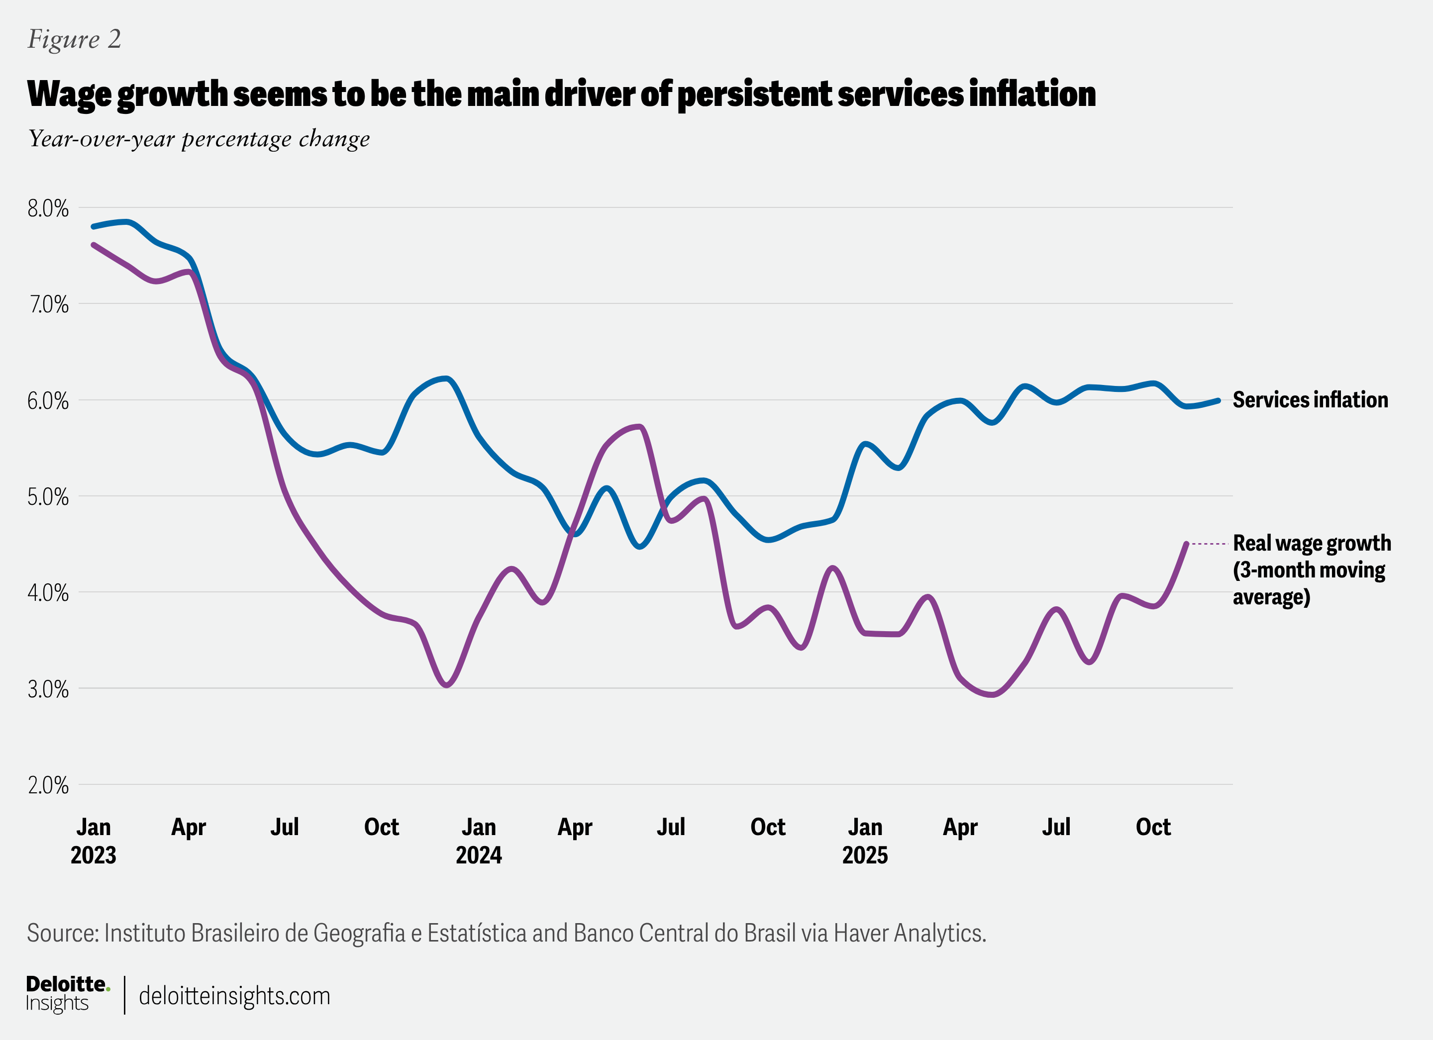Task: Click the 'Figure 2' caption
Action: pyautogui.click(x=74, y=39)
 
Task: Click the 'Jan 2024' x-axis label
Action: pyautogui.click(x=478, y=841)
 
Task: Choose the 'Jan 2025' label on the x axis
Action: pyautogui.click(x=864, y=841)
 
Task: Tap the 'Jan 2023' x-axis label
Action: pyautogui.click(x=94, y=841)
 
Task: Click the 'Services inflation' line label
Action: pyautogui.click(x=1310, y=400)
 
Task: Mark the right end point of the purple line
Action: pyautogui.click(x=1186, y=544)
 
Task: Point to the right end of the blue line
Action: pyautogui.click(x=1218, y=400)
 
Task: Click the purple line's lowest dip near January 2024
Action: pyautogui.click(x=447, y=685)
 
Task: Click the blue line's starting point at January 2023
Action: pyautogui.click(x=94, y=226)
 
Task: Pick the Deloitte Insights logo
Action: pyautogui.click(x=68, y=993)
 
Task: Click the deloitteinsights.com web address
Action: pyautogui.click(x=234, y=996)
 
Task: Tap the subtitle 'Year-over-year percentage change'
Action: pyautogui.click(x=199, y=139)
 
